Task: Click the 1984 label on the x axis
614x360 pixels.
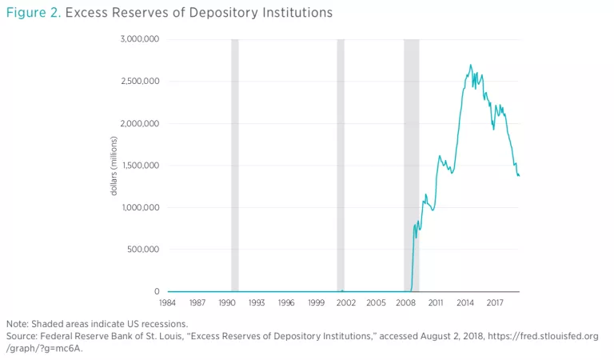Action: [x=168, y=304]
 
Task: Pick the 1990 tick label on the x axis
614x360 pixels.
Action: [x=226, y=304]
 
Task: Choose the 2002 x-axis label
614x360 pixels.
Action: [x=346, y=304]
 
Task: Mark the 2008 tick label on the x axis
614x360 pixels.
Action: [x=406, y=304]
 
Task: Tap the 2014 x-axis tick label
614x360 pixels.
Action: [x=466, y=304]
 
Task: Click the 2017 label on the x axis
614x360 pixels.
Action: [x=496, y=304]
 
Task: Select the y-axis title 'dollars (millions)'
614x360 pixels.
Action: [x=114, y=166]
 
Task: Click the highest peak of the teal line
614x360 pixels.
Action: [x=470, y=65]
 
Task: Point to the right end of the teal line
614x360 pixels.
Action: [x=520, y=176]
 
